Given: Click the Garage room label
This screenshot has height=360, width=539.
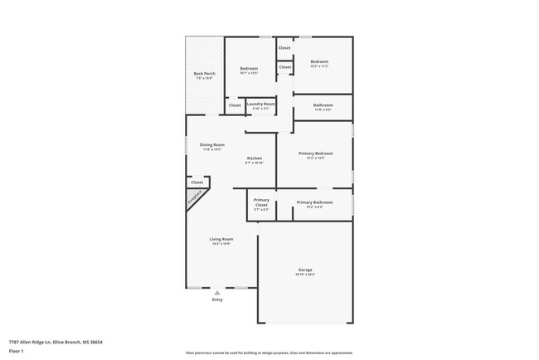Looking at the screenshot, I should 305,270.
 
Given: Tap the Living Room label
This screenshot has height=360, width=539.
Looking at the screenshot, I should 221,239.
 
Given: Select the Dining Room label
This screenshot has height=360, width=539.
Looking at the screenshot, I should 212,145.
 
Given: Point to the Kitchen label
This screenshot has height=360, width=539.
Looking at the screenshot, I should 255,158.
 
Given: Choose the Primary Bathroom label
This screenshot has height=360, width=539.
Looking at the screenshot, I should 314,202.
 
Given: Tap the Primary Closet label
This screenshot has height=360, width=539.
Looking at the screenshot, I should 261,202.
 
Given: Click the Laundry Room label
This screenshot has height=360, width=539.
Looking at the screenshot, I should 260,104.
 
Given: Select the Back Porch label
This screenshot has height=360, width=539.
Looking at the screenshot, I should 204,75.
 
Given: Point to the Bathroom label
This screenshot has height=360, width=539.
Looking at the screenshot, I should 323,105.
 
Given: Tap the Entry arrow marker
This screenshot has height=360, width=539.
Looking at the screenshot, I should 217,292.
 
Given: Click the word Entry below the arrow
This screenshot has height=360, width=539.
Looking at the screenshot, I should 217,300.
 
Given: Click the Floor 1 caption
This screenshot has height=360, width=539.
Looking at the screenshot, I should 17,351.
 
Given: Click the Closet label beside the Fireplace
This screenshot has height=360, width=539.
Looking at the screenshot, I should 197,182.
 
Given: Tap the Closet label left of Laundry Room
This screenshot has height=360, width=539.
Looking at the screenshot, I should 235,105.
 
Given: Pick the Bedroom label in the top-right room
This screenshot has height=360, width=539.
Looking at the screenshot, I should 319,62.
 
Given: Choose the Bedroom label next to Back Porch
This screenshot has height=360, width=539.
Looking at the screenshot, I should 249,68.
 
